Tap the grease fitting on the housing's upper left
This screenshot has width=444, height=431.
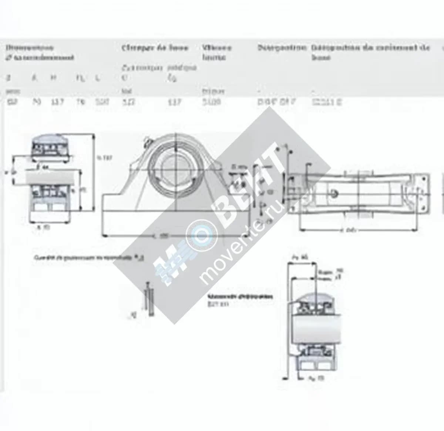pyautogui.click(x=148, y=140)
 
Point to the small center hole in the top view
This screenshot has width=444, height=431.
pyautogui.click(x=334, y=193)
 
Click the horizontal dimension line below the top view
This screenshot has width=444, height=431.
pyautogui.click(x=359, y=230)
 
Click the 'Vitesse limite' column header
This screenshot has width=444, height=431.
pyautogui.click(x=216, y=52)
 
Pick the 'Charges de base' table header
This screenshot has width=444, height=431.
pyautogui.click(x=155, y=48)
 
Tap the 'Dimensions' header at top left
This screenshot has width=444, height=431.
pyautogui.click(x=30, y=48)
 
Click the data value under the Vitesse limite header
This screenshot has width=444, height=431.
pyautogui.click(x=211, y=102)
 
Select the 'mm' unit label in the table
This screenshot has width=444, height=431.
pyautogui.click(x=13, y=91)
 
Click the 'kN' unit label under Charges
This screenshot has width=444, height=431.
pyautogui.click(x=127, y=91)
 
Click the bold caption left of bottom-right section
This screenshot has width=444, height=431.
pyautogui.click(x=240, y=297)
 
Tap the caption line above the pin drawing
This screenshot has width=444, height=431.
pyautogui.click(x=89, y=258)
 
